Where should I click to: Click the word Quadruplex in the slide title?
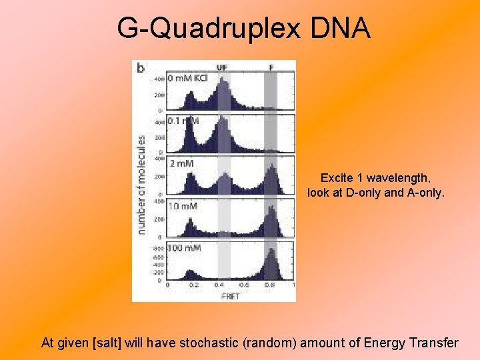(x=220, y=28)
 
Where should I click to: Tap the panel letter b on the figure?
(x=141, y=68)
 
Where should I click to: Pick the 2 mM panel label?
(x=182, y=163)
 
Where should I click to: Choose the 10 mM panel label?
(x=183, y=206)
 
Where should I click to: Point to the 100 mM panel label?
(x=185, y=248)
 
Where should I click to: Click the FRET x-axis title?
(x=230, y=297)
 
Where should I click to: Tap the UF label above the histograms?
(x=223, y=67)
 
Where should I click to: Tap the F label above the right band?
(x=271, y=67)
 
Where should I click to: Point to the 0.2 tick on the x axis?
(x=193, y=285)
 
